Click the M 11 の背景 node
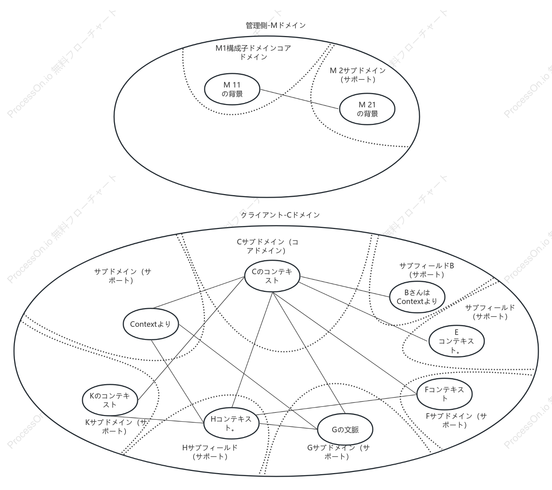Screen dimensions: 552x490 [232, 89]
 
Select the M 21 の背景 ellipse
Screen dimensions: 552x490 [367, 109]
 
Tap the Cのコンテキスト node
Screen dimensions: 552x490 [272, 276]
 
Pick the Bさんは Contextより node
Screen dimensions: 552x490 [417, 297]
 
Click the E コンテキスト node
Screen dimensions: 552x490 [456, 341]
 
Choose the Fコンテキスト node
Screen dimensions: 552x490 [445, 394]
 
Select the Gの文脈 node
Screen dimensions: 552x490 [345, 430]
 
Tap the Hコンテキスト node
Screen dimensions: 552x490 [231, 423]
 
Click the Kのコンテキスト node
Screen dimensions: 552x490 [110, 400]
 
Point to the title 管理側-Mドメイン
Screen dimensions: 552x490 [276, 25]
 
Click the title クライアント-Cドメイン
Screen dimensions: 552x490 [280, 215]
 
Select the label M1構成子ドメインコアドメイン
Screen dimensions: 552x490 [253, 53]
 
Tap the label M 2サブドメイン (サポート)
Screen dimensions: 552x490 [358, 75]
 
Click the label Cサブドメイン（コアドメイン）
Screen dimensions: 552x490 [267, 246]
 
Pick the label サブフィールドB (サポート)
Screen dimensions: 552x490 [427, 270]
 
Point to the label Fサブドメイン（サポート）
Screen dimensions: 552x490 [456, 420]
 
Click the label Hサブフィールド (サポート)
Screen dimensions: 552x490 [210, 452]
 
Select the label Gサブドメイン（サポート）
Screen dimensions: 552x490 [339, 452]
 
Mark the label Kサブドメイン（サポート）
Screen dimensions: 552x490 [117, 426]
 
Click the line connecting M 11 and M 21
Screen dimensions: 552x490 [299, 99]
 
